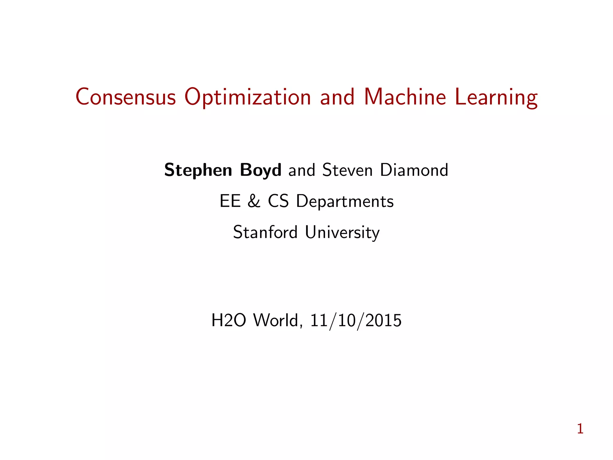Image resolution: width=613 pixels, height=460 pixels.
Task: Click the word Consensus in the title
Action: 126,97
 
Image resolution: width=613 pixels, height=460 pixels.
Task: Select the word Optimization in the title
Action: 248,98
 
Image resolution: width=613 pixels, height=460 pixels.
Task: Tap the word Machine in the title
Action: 405,97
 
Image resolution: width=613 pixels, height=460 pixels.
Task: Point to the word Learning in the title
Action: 496,98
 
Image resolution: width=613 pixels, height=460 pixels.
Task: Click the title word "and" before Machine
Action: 337,97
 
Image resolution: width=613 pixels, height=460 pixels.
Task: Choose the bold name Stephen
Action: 198,170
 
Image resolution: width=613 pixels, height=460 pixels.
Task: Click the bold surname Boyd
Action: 260,170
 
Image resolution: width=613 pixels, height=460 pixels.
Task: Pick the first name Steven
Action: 347,170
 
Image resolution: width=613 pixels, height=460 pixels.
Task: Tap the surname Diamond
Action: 414,170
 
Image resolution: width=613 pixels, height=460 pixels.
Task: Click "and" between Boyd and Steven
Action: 302,170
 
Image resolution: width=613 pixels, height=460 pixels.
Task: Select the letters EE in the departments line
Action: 230,201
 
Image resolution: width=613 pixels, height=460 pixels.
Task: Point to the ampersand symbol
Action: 254,201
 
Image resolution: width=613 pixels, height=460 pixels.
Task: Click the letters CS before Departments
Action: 278,201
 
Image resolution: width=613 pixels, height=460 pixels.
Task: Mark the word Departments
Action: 345,202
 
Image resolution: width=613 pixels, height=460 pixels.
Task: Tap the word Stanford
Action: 265,232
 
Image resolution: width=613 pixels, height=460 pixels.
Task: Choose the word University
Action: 342,233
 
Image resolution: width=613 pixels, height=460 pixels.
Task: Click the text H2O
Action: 229,320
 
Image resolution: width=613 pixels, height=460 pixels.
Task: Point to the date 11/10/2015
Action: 356,320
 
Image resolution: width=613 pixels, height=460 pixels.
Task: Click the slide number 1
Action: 580,429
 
